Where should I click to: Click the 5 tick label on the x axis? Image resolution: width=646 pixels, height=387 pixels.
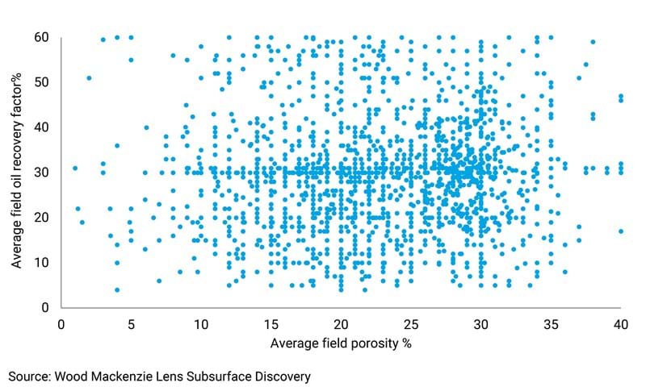click(x=131, y=323)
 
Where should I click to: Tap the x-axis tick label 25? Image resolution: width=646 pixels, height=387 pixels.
click(x=410, y=323)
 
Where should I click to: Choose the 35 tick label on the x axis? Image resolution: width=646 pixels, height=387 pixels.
click(x=551, y=323)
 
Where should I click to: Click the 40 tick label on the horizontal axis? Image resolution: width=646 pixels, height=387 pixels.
click(x=620, y=323)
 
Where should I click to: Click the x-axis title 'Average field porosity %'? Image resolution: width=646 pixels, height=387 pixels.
click(x=340, y=345)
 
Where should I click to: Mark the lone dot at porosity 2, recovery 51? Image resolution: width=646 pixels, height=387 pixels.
click(x=89, y=78)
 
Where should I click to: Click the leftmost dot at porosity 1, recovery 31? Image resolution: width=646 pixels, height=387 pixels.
click(x=75, y=169)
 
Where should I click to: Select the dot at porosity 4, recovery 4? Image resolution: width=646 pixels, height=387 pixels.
click(x=117, y=290)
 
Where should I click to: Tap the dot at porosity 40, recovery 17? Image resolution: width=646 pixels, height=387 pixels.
click(x=620, y=231)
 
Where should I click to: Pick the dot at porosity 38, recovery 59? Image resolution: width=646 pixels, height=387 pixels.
click(x=593, y=42)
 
